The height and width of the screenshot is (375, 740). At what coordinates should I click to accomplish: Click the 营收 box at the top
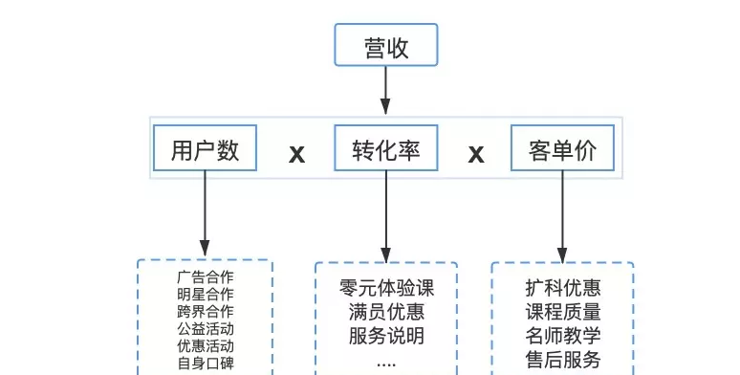[x=385, y=45]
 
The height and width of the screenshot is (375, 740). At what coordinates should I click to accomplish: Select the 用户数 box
[x=205, y=150]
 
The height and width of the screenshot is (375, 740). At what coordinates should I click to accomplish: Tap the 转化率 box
[x=385, y=150]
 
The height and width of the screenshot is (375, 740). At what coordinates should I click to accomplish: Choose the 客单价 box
[x=562, y=150]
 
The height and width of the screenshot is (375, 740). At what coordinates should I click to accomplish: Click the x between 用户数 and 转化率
[x=296, y=153]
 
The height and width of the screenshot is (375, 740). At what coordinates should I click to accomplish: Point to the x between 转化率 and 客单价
[x=475, y=153]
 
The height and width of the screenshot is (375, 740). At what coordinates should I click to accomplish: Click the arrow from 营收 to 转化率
[x=385, y=91]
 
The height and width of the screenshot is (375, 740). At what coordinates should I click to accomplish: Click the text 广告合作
[x=205, y=276]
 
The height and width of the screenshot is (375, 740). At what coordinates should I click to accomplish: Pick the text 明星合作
[x=205, y=294]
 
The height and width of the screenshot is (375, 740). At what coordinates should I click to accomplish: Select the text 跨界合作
[x=205, y=311]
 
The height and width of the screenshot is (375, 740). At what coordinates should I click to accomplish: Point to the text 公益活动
[x=205, y=328]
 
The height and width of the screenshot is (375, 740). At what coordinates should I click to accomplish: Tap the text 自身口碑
[x=205, y=363]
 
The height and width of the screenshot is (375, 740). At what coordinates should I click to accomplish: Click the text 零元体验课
[x=386, y=287]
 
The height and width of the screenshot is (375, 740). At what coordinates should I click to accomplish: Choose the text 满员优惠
[x=386, y=312]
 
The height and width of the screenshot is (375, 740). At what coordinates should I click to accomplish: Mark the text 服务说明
[x=386, y=337]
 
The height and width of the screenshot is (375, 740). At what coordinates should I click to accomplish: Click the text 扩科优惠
[x=563, y=287]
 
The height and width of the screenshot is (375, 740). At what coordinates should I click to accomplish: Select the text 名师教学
[x=563, y=336]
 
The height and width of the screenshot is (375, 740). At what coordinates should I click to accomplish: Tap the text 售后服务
[x=563, y=360]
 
